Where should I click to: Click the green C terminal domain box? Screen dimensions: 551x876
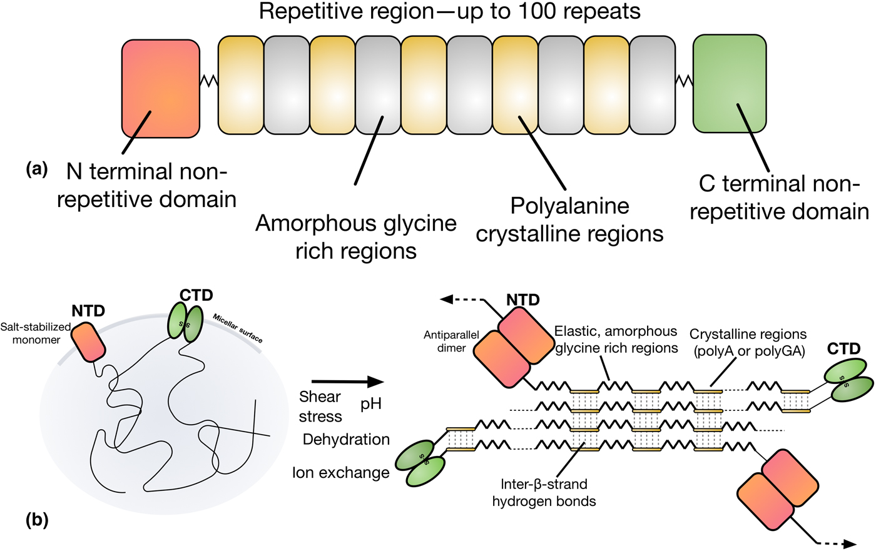pos(730,84)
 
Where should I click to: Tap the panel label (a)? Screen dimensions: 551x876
pos(37,168)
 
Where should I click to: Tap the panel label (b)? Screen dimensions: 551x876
pos(37,520)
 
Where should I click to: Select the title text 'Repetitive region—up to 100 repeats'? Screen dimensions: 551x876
pos(449,12)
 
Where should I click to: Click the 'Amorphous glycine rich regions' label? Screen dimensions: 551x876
pos(356,237)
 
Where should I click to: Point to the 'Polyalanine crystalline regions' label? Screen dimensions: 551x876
pos(569,220)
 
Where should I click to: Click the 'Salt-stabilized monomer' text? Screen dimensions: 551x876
pos(36,333)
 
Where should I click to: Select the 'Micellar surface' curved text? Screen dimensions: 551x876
pos(238,328)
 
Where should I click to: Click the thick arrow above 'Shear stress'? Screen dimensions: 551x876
pos(347,382)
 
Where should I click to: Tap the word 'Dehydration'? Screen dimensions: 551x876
pos(346,439)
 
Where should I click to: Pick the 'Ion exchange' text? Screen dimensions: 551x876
pos(341,473)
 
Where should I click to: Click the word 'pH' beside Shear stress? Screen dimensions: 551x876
pos(371,404)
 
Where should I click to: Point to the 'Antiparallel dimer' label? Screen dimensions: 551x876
pos(451,341)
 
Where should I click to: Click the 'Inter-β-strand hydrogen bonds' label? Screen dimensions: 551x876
pos(544,492)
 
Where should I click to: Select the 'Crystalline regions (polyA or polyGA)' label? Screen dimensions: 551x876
pos(748,343)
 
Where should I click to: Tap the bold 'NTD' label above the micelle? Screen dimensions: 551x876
pos(88,310)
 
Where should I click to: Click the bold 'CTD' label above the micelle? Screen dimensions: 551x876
pos(196,295)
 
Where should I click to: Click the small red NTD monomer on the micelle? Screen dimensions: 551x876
pos(88,341)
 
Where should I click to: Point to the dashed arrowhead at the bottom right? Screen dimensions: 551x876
pos(849,544)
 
